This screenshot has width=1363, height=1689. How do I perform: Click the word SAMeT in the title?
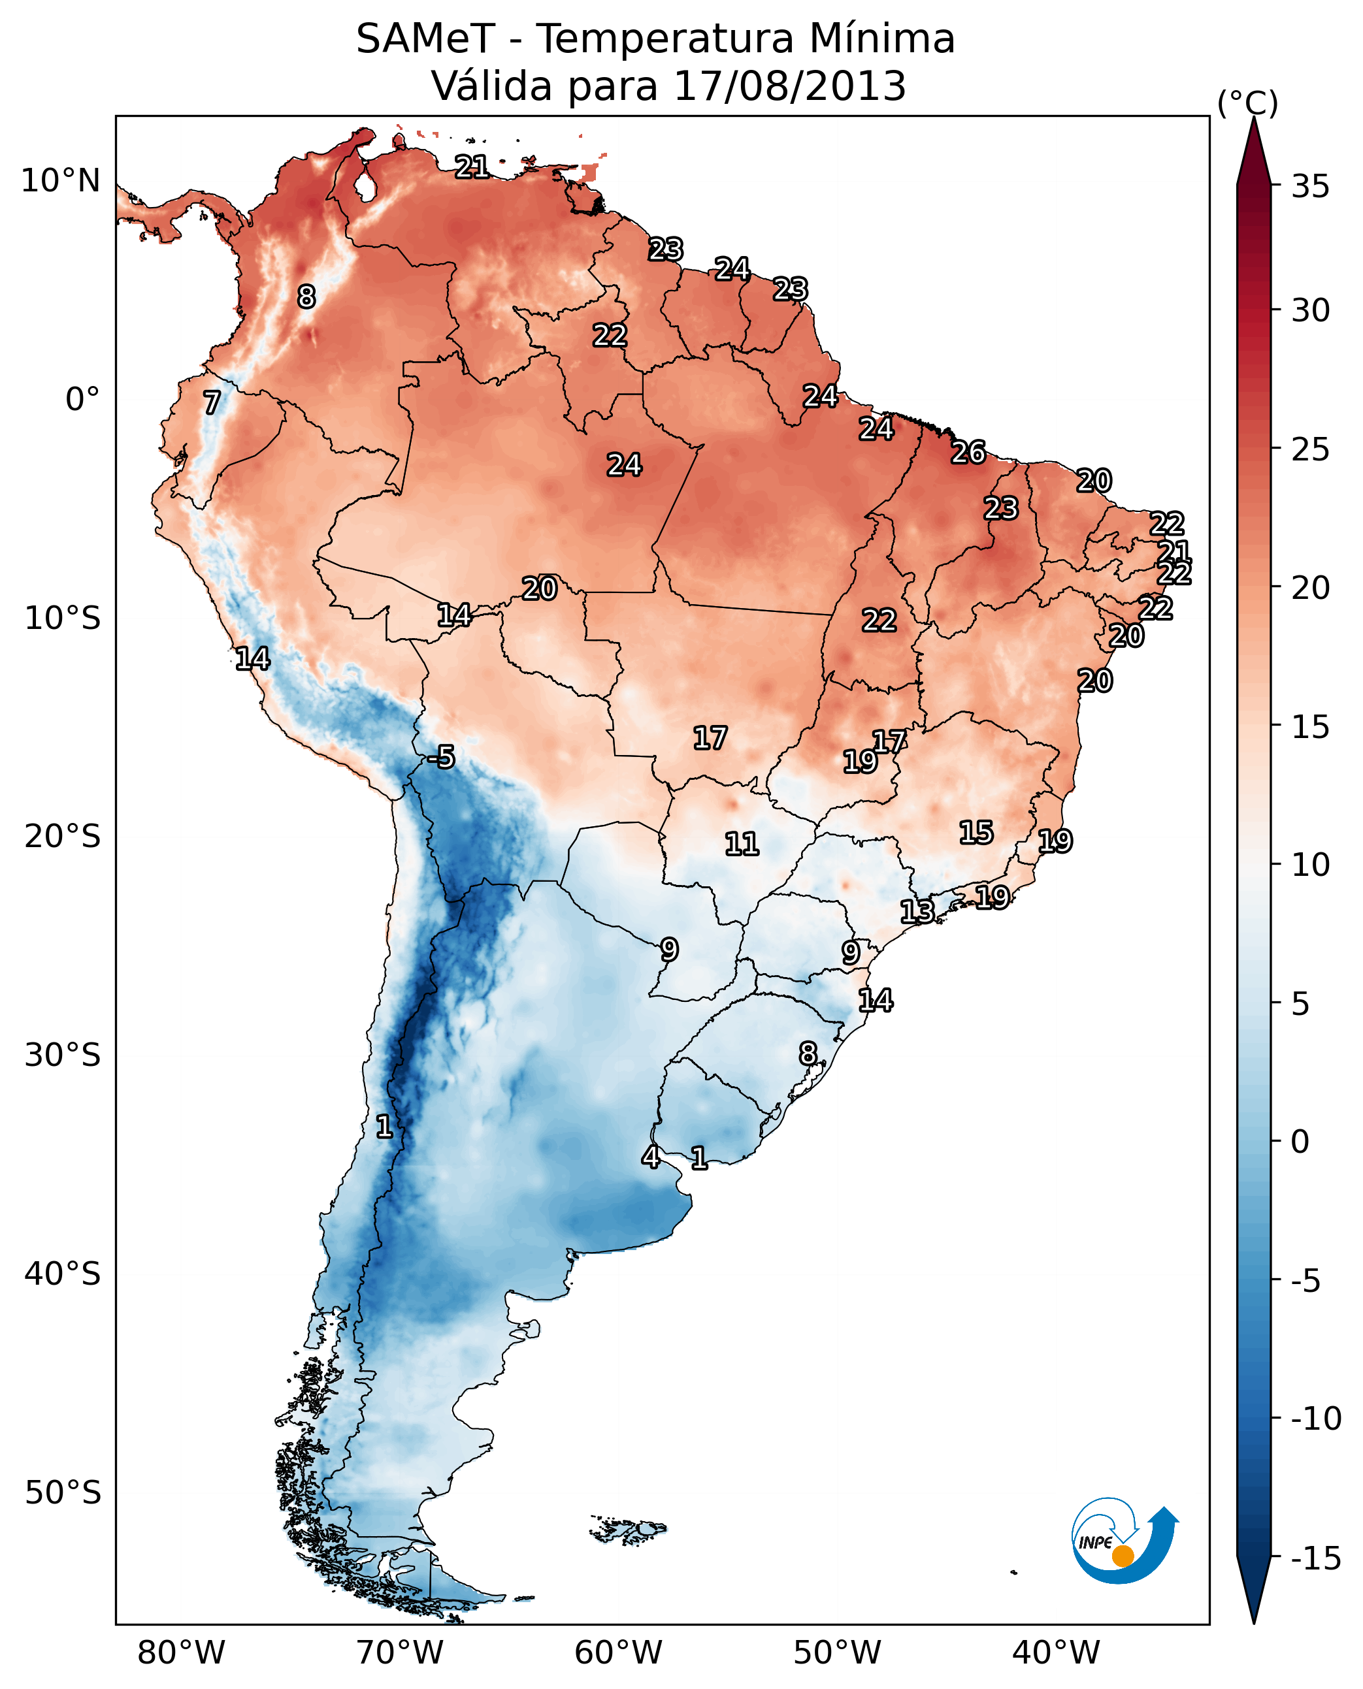pyautogui.click(x=425, y=39)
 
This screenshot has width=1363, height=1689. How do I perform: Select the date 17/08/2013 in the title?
pyautogui.click(x=789, y=86)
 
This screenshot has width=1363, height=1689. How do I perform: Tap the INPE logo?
pyautogui.click(x=1124, y=1541)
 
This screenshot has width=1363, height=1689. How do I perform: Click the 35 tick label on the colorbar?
pyautogui.click(x=1310, y=187)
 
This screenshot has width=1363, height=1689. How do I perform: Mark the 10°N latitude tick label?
pyautogui.click(x=61, y=182)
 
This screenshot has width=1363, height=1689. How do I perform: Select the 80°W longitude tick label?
pyautogui.click(x=182, y=1652)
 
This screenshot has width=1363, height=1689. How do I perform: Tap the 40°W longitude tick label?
pyautogui.click(x=1056, y=1652)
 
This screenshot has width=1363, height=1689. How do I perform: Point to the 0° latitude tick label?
pyautogui.click(x=82, y=400)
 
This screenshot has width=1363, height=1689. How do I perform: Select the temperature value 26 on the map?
pyautogui.click(x=968, y=453)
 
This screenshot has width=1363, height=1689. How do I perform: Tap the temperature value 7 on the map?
pyautogui.click(x=212, y=402)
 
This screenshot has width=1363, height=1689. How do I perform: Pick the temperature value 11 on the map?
pyautogui.click(x=741, y=844)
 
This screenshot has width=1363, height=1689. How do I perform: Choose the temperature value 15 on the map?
pyautogui.click(x=976, y=833)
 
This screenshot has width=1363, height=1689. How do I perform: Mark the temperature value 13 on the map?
pyautogui.click(x=917, y=912)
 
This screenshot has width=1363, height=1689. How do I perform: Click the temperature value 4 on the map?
pyautogui.click(x=651, y=1157)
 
